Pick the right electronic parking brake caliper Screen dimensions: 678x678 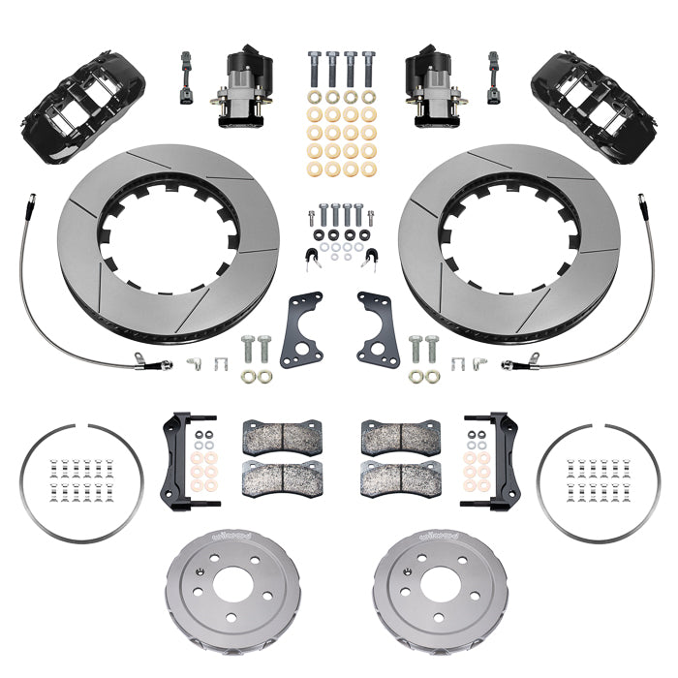pos(432,87)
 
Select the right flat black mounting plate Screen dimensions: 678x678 pos(376,329)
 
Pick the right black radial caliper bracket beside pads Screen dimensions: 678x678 pos(499,455)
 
